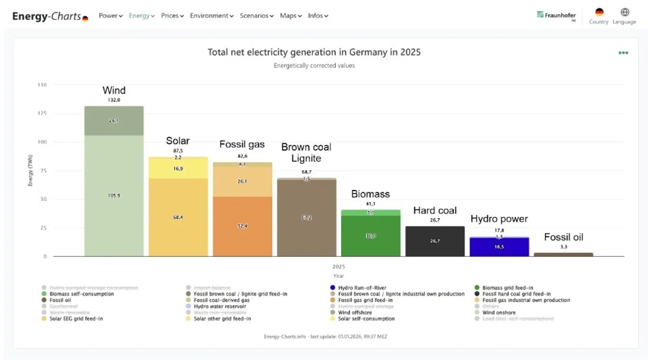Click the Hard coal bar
pos(435,241)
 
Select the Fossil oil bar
pos(563,254)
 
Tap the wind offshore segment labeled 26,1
pos(114,121)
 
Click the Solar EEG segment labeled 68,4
pos(178,217)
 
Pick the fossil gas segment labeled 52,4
pos(242,226)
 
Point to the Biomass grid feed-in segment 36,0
pos(371,235)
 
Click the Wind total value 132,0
pos(114,100)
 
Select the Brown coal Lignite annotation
pos(306,152)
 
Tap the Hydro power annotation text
pos(499,219)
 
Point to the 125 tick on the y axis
pos(42,113)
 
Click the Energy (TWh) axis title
pos(30,171)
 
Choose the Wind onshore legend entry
pos(499,312)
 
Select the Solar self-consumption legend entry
pos(366,319)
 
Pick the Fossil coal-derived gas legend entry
pos(221,300)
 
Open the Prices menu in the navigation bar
pos(172,16)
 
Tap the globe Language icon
pos(625,13)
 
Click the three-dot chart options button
pos(623,53)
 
